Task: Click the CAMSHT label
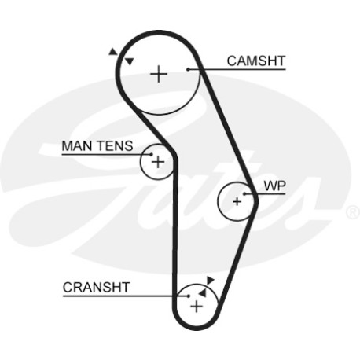click(x=256, y=61)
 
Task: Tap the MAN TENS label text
click(x=97, y=146)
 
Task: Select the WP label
click(x=274, y=186)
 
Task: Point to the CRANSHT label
click(x=96, y=288)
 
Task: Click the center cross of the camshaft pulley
click(x=159, y=74)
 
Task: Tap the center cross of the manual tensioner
click(x=158, y=162)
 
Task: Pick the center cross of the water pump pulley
click(x=237, y=202)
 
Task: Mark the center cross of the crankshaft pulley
click(x=197, y=307)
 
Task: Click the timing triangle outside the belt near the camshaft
click(x=112, y=52)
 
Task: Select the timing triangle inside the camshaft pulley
click(x=130, y=61)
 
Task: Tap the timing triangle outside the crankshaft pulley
click(x=210, y=280)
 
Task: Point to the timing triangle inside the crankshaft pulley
click(x=203, y=293)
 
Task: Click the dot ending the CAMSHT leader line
click(x=188, y=69)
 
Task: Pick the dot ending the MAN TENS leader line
click(x=151, y=155)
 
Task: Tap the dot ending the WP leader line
click(x=244, y=194)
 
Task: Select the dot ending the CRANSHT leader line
click(x=189, y=296)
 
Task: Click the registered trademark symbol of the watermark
click(x=353, y=212)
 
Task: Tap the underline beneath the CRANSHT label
click(x=126, y=296)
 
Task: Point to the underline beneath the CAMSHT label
click(x=237, y=69)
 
